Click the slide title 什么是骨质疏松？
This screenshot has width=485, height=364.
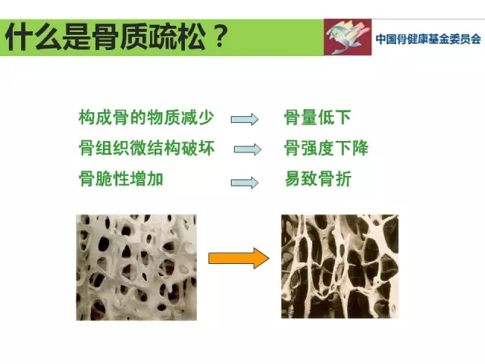click(x=117, y=37)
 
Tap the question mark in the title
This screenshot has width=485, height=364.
click(x=220, y=36)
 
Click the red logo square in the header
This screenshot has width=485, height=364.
click(x=348, y=37)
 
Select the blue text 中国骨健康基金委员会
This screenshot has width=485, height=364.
click(x=428, y=39)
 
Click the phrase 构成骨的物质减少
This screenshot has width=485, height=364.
click(x=146, y=118)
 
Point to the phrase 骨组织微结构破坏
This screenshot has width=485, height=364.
click(x=146, y=148)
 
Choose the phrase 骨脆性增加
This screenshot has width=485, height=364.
click(x=121, y=179)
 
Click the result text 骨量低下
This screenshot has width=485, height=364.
click(x=318, y=118)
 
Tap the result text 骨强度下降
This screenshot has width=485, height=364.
click(x=327, y=148)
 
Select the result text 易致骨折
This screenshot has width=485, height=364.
click(x=318, y=179)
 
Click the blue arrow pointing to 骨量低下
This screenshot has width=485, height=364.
click(x=245, y=119)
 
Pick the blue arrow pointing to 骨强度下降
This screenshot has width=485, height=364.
click(x=248, y=149)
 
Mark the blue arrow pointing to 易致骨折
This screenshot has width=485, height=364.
click(x=245, y=183)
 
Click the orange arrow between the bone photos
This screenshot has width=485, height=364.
click(x=239, y=258)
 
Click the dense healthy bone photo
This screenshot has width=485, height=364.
click(x=136, y=267)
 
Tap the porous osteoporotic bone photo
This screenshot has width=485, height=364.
click(x=339, y=266)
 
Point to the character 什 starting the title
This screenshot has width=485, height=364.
click(x=19, y=37)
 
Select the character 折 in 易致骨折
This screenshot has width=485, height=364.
click(x=343, y=179)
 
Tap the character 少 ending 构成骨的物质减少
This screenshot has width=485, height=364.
click(x=206, y=118)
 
